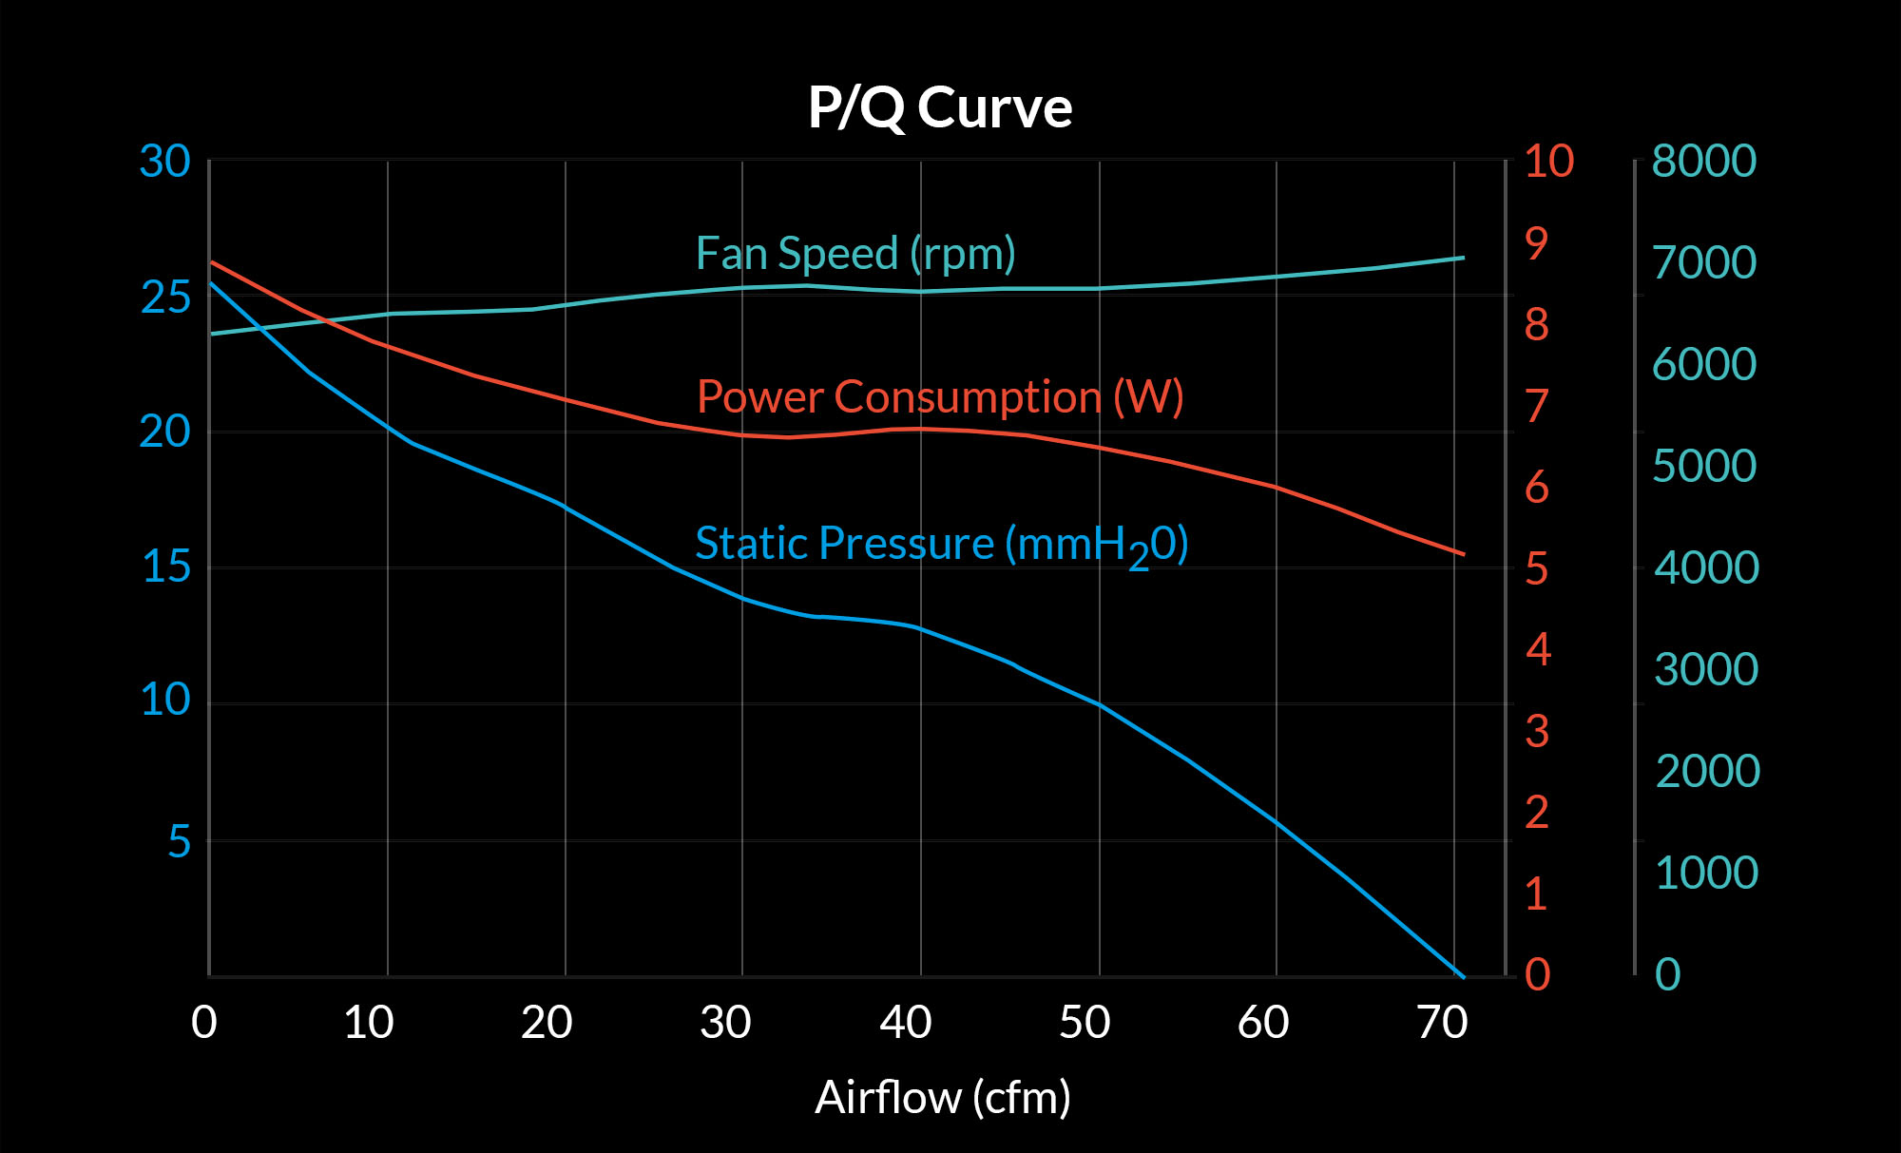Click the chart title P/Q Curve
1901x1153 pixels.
(x=940, y=107)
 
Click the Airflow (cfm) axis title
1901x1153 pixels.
(x=943, y=1098)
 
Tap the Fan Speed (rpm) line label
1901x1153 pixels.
(x=855, y=254)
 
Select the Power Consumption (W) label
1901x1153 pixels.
(x=940, y=397)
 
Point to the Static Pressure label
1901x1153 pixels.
(x=941, y=545)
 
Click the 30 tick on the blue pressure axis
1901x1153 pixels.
(x=164, y=162)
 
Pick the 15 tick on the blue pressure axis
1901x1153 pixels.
(x=165, y=567)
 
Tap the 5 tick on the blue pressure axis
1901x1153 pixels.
(x=179, y=842)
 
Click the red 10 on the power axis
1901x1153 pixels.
(x=1549, y=162)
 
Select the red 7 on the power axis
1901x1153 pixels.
(x=1537, y=407)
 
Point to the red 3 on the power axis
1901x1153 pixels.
(x=1537, y=732)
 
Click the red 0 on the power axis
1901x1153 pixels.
(x=1537, y=975)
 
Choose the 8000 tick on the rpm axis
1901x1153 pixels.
(x=1704, y=162)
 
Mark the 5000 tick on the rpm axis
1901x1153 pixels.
(x=1704, y=467)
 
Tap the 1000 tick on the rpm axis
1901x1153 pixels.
(x=1706, y=874)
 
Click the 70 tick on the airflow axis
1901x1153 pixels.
(x=1442, y=1024)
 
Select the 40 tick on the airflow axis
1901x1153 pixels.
(x=905, y=1024)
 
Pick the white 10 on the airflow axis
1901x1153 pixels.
(x=369, y=1024)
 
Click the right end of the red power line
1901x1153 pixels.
(x=1464, y=554)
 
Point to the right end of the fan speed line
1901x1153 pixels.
(x=1463, y=258)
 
